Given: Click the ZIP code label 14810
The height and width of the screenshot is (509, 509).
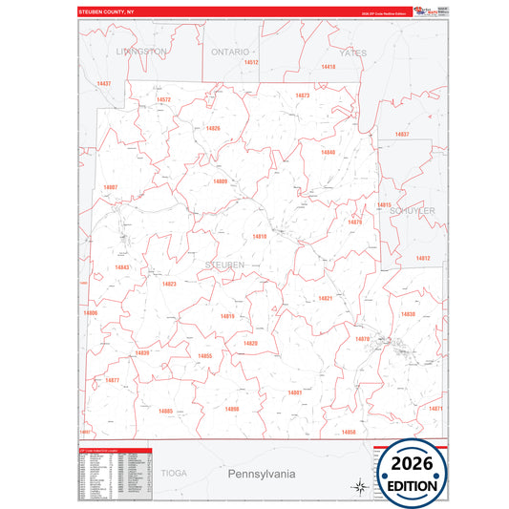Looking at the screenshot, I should pos(260,236).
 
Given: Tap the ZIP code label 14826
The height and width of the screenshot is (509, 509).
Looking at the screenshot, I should pos(212,128).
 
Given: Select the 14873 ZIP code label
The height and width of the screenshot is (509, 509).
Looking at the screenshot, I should pos(303,95).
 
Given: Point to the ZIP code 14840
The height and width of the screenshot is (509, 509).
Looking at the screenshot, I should pos(328,152).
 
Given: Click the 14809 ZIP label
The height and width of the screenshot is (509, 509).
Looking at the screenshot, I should pos(220,180).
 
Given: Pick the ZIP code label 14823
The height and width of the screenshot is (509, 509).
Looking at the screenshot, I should pos(169,284).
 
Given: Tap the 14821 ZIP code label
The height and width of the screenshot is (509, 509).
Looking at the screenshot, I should pos(325,298).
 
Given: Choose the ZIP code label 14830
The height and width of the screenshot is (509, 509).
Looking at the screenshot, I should pos(408,314).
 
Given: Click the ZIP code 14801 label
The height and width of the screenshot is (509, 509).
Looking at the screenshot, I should pos(294,392).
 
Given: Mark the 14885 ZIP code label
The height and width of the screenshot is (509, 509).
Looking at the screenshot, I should pos(165,411).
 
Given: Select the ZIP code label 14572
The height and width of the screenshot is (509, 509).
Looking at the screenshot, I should pos(163,99).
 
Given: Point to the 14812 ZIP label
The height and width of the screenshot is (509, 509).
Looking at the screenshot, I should pos(422,258).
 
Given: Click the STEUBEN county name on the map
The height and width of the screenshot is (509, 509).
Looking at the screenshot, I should pos(224,264).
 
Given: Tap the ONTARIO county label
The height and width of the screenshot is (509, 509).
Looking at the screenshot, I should pos(230,52).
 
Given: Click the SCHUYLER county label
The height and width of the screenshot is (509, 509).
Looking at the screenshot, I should pos(413,211).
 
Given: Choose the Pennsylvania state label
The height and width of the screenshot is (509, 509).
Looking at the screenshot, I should pos(261,474).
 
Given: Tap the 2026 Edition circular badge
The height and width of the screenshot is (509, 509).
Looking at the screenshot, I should pos(414,472).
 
